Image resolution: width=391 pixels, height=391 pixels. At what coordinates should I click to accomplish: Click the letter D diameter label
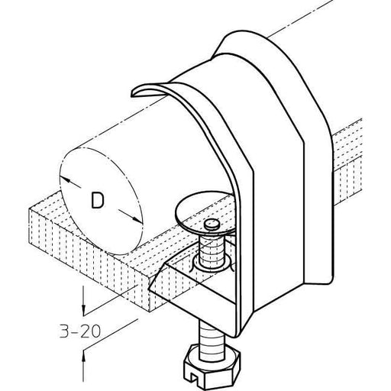click(97, 201)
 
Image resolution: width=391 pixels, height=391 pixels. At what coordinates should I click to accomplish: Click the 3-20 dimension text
click(80, 331)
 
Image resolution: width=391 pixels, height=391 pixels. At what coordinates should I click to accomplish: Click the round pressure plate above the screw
click(204, 212)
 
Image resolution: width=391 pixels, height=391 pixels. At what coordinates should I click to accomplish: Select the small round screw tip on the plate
click(212, 224)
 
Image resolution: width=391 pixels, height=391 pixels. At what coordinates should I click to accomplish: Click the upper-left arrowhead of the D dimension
click(66, 179)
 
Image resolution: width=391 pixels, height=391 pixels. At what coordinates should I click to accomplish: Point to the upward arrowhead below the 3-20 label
click(83, 357)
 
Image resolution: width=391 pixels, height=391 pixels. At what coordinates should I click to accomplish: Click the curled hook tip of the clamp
click(139, 92)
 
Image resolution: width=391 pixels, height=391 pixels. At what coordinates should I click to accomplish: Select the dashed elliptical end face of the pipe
click(101, 201)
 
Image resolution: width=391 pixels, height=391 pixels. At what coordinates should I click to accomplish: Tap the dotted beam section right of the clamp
click(347, 163)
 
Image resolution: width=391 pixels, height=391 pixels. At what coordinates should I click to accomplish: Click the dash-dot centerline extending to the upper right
click(300, 18)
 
